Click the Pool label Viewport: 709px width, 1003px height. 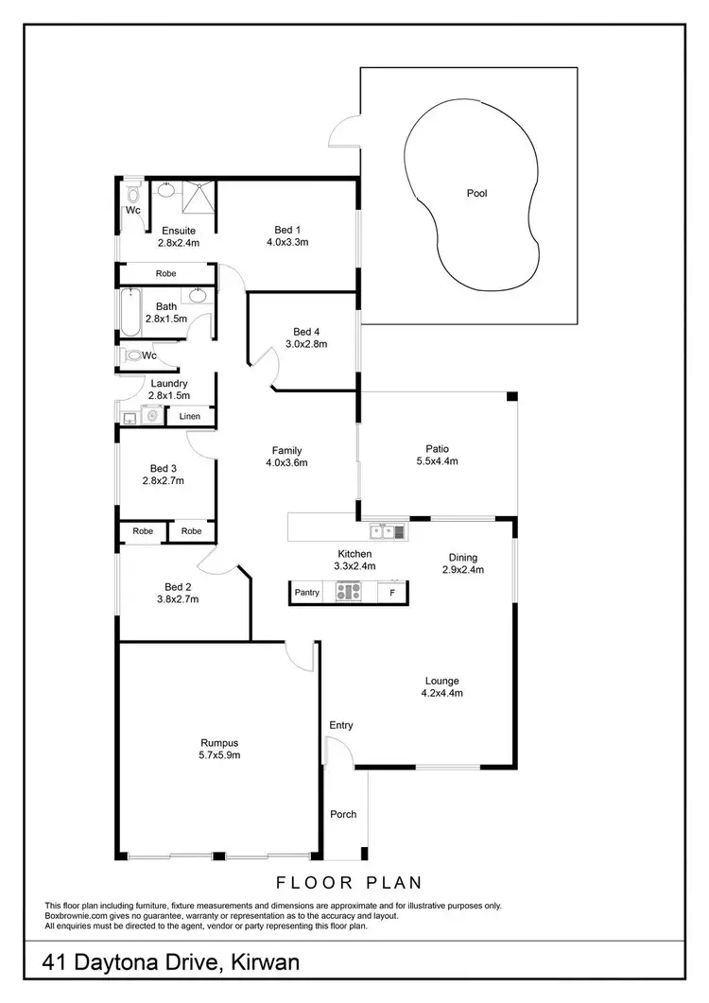[x=477, y=194]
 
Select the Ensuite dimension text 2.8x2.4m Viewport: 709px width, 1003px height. [x=179, y=243]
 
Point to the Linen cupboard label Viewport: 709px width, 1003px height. [x=190, y=416]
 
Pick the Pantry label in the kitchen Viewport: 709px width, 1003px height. [x=307, y=593]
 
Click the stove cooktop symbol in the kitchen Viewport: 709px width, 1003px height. [x=349, y=593]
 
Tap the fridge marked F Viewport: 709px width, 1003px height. [x=391, y=593]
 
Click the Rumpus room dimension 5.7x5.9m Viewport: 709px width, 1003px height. [x=220, y=755]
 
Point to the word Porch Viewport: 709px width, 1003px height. [x=343, y=814]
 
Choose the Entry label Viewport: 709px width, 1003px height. [x=341, y=725]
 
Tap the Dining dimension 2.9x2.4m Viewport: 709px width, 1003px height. [x=463, y=570]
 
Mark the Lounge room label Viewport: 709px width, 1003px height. [x=441, y=681]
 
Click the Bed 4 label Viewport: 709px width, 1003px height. [x=306, y=332]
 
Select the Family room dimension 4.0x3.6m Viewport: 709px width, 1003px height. [x=286, y=463]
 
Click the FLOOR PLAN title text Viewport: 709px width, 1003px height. [x=348, y=884]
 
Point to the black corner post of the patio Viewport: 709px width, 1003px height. [x=511, y=396]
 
